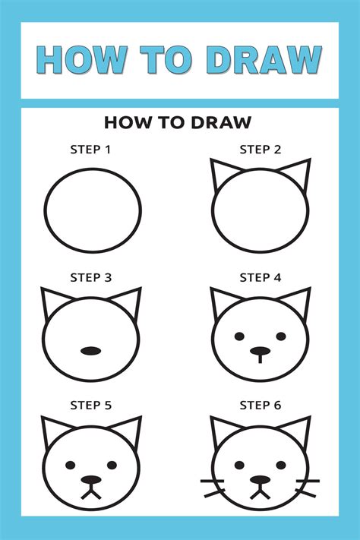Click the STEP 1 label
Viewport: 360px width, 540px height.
91,150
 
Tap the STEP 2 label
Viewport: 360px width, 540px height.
261,150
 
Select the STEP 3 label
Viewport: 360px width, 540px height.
91,278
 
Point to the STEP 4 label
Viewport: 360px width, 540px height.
261,278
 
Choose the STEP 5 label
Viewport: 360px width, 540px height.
91,406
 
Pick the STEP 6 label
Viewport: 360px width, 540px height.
261,406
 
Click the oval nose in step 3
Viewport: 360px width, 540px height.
91,351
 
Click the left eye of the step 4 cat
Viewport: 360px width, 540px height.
240,336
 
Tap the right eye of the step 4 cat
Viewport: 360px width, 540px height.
281,336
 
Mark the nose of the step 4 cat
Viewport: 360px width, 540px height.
261,352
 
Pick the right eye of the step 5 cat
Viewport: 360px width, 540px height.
112,464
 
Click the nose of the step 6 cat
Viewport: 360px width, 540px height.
261,480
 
